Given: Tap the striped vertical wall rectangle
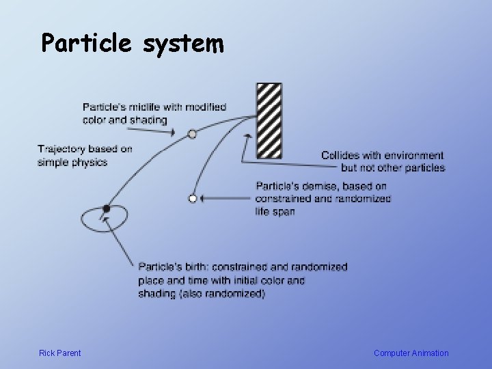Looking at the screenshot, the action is pyautogui.click(x=269, y=121).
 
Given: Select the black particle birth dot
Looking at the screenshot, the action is pyautogui.click(x=106, y=208).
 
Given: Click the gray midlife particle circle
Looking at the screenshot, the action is pyautogui.click(x=193, y=134).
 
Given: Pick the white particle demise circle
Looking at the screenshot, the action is pyautogui.click(x=193, y=198).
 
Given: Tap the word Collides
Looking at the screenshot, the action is pyautogui.click(x=340, y=156).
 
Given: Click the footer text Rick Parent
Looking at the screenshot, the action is pyautogui.click(x=60, y=353).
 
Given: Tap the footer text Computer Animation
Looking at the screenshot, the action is pyautogui.click(x=411, y=353).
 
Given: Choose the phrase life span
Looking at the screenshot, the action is pyautogui.click(x=275, y=212).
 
